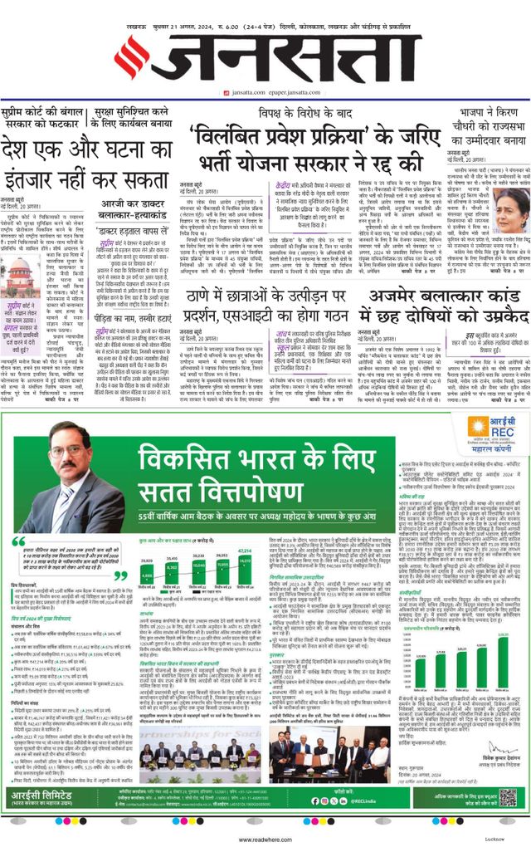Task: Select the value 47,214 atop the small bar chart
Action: pos(246,551)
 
